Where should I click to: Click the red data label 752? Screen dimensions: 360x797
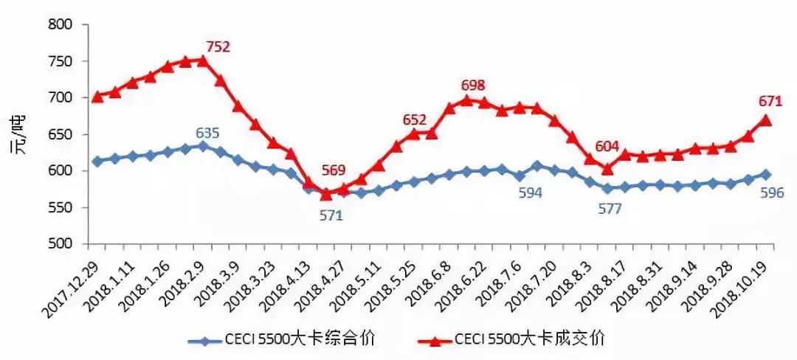pos(217,47)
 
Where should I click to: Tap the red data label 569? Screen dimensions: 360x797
pos(333,171)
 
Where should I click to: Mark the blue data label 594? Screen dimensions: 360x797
pos(529,193)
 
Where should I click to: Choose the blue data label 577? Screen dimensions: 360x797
pos(610,209)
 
